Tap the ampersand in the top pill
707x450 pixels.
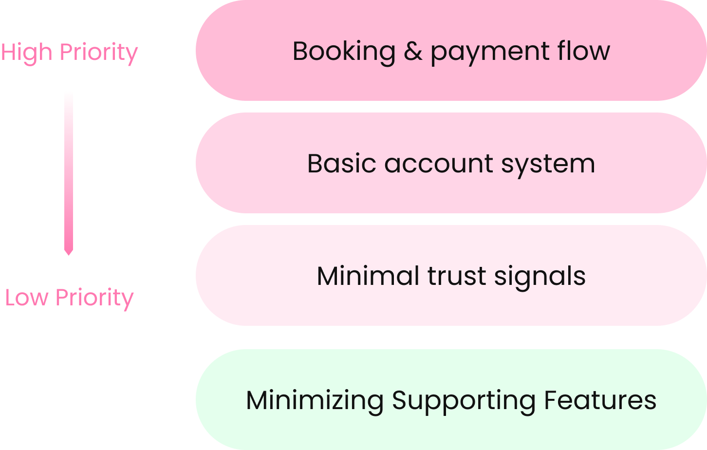point(413,51)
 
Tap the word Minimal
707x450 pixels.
point(368,276)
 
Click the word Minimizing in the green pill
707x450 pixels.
point(315,400)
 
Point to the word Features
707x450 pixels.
point(600,400)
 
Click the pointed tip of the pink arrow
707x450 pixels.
point(69,254)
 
